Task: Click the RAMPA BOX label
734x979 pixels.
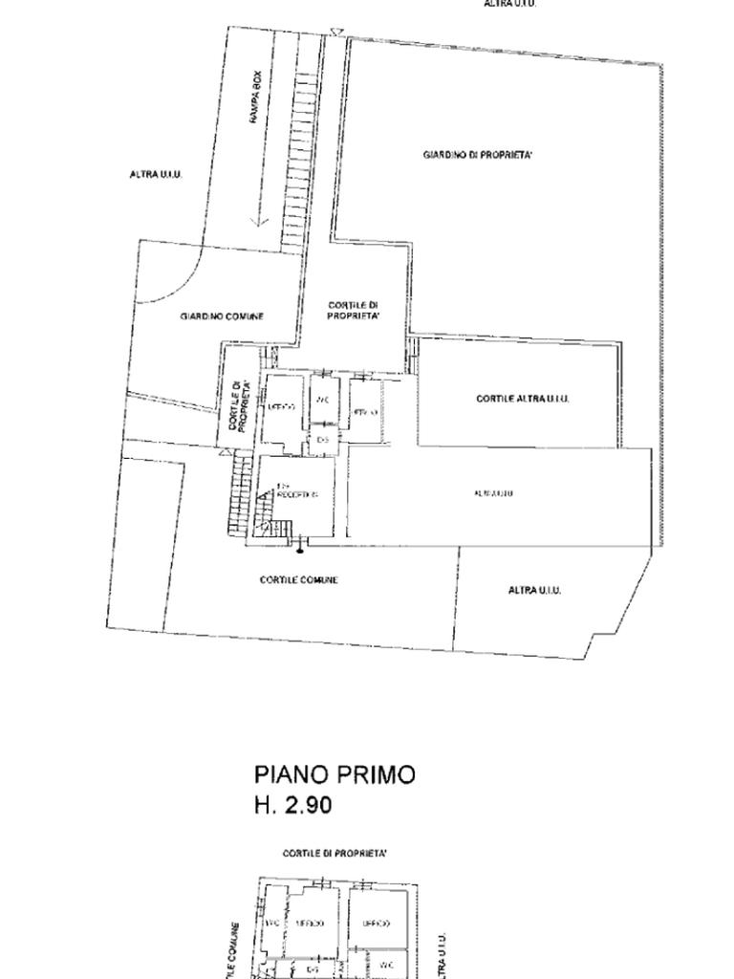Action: tap(256, 100)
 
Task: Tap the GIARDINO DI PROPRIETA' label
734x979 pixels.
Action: tap(478, 155)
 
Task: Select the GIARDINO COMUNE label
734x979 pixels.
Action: tap(222, 316)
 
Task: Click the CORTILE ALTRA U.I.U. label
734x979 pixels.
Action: tap(523, 399)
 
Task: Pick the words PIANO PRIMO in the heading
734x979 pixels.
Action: tap(335, 774)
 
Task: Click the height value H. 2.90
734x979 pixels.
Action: tap(293, 805)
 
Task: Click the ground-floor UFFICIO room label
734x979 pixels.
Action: tap(281, 407)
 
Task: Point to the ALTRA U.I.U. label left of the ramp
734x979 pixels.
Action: tap(156, 175)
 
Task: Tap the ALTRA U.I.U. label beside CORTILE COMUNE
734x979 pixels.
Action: tap(534, 590)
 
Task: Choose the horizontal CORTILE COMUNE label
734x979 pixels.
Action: tap(298, 580)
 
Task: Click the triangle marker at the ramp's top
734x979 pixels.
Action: tap(335, 33)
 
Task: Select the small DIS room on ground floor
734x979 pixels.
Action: tap(323, 439)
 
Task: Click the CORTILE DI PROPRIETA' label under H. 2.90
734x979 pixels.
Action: tap(335, 852)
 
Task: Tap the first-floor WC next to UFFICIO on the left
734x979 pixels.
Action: tap(271, 924)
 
